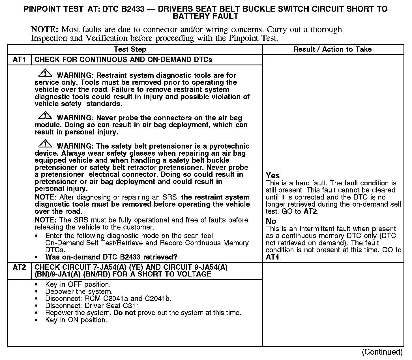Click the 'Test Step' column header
(x=130, y=50)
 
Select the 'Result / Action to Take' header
(x=332, y=50)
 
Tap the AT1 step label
(x=19, y=60)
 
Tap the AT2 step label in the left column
(x=19, y=267)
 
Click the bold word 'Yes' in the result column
(x=273, y=176)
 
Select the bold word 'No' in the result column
(x=271, y=221)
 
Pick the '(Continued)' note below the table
(x=382, y=352)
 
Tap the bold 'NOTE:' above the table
(x=45, y=29)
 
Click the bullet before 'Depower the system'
(x=36, y=292)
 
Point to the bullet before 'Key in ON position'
(x=36, y=320)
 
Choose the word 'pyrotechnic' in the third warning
(x=229, y=146)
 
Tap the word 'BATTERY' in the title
(x=190, y=16)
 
